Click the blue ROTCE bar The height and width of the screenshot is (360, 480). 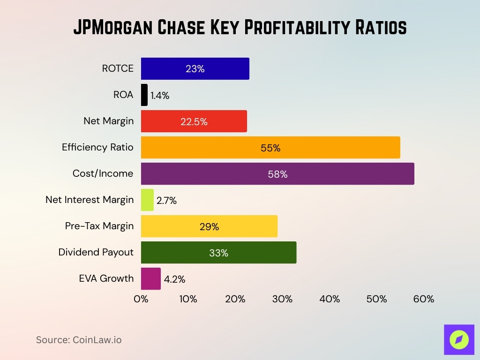(195, 69)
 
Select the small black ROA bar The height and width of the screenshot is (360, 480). (144, 95)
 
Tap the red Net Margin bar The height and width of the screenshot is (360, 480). (194, 121)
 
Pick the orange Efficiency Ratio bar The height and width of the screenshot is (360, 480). (270, 148)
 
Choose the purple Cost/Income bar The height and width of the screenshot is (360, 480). (277, 174)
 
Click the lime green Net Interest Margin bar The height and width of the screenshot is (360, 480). (147, 200)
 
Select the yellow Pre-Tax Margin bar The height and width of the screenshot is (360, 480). (209, 226)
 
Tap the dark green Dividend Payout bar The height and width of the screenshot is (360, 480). (218, 253)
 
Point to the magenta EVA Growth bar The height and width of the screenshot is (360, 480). (151, 279)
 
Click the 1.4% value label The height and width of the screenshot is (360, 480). (160, 96)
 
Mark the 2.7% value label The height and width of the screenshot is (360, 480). (166, 201)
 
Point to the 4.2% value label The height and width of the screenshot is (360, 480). (174, 279)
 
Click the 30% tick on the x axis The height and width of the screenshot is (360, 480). (282, 299)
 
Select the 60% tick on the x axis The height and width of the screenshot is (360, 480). (424, 299)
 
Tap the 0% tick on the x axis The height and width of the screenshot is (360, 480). (141, 299)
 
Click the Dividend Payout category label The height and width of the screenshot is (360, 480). (96, 252)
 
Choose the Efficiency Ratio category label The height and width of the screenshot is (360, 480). (97, 147)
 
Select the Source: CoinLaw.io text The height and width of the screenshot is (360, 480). (79, 340)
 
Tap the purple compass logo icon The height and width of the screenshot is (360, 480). (459, 339)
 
